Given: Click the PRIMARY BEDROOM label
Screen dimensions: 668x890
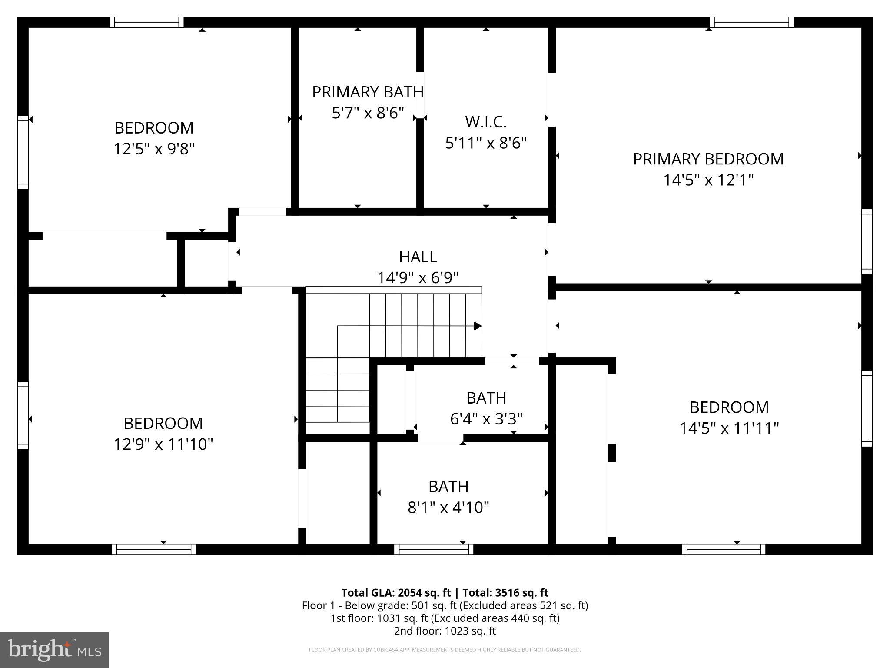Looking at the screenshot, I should [x=708, y=159].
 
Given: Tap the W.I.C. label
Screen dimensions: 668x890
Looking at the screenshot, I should [x=485, y=122].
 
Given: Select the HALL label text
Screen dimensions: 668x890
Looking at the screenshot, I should [x=418, y=257].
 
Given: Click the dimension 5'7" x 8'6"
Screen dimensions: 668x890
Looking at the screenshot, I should [x=368, y=113].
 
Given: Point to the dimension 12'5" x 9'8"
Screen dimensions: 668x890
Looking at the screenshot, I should [x=154, y=149].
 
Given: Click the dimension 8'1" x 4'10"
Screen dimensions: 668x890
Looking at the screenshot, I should [x=448, y=508].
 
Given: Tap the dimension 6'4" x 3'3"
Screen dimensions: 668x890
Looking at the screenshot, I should [x=486, y=419].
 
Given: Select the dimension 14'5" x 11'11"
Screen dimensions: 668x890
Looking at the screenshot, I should [x=729, y=428].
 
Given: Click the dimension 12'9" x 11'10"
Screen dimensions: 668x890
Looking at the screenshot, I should [x=163, y=444].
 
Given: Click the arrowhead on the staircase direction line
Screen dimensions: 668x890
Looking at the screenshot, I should [x=478, y=326].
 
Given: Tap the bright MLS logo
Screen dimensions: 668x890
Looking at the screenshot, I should [x=54, y=650].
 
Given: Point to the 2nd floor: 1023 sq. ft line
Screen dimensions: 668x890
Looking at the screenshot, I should [x=445, y=631].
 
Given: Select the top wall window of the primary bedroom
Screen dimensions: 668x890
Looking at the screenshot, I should [x=751, y=22].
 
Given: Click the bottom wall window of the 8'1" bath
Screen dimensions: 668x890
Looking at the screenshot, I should [x=434, y=550].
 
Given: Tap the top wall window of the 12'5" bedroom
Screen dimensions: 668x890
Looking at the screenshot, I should [x=146, y=22].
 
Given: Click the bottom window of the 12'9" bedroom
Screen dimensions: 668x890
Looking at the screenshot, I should [x=154, y=550].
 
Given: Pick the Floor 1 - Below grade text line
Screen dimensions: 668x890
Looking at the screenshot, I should [x=445, y=605].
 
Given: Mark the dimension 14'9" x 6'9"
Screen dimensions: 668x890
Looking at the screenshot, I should [x=418, y=277].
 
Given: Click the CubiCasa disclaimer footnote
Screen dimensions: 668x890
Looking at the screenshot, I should [x=445, y=650].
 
